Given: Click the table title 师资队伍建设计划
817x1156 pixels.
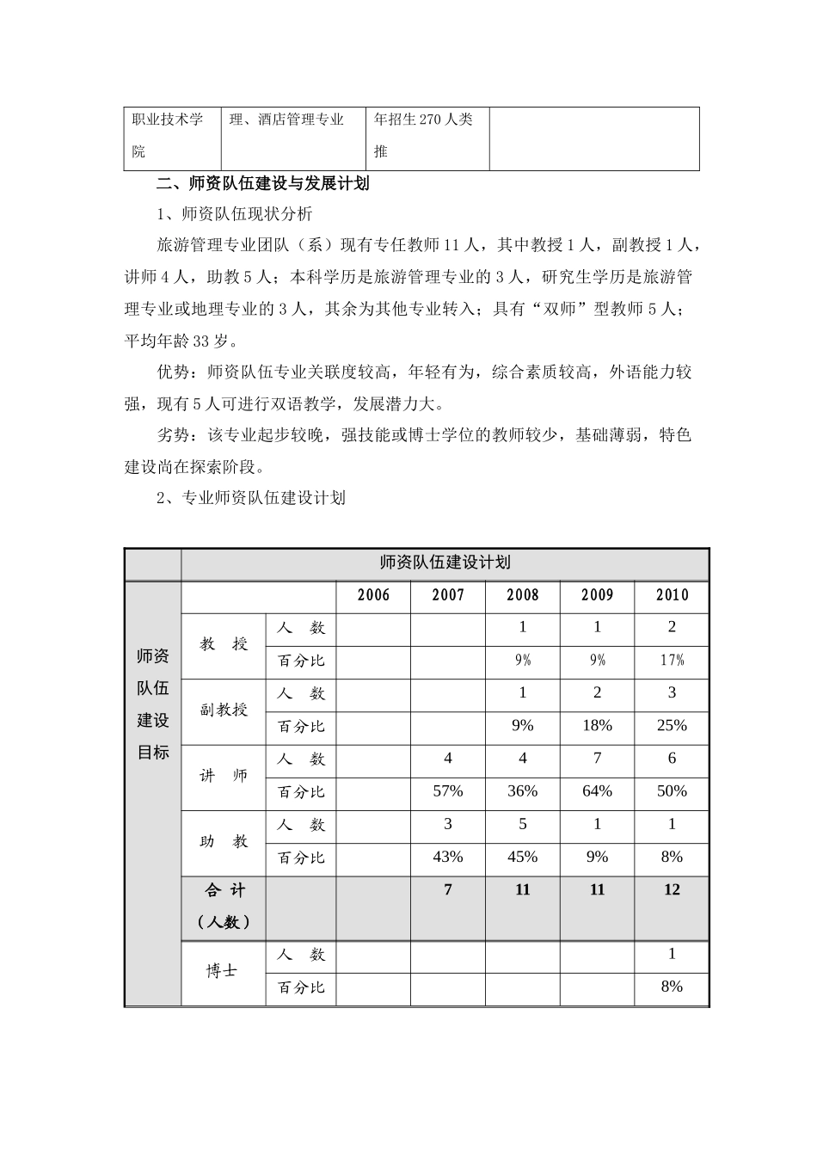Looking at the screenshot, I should click(x=445, y=563).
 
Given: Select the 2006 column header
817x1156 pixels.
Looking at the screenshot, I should click(x=373, y=595).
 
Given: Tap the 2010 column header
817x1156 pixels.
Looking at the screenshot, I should click(x=672, y=595).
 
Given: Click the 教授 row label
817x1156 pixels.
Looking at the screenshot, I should click(x=224, y=643).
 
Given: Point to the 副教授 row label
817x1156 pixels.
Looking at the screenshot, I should click(x=224, y=710).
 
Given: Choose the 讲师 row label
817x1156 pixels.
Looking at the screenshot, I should click(x=224, y=775).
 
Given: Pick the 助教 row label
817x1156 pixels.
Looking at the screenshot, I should click(x=224, y=841).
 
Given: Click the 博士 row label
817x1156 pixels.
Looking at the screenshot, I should click(x=222, y=971).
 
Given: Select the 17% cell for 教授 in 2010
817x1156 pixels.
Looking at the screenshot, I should click(x=672, y=661).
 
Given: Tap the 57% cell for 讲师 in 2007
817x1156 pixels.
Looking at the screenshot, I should click(x=447, y=791).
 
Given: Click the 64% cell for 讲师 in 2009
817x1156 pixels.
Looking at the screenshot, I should click(x=597, y=791).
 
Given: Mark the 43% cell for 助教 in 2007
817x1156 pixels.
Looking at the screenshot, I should click(x=447, y=858).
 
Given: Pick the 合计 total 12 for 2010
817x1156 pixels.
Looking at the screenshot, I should click(x=672, y=890).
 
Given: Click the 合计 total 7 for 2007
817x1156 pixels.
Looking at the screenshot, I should click(x=447, y=890).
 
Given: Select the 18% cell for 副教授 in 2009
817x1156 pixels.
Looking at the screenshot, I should click(x=597, y=726).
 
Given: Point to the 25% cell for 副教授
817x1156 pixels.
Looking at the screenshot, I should click(x=672, y=726).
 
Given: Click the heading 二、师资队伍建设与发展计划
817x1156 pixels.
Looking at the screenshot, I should click(x=263, y=184).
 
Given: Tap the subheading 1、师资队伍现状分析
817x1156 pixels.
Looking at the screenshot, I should click(x=235, y=215).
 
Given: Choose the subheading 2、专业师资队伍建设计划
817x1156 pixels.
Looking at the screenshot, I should click(x=251, y=498).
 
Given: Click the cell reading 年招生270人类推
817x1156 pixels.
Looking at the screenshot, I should click(x=424, y=135).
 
